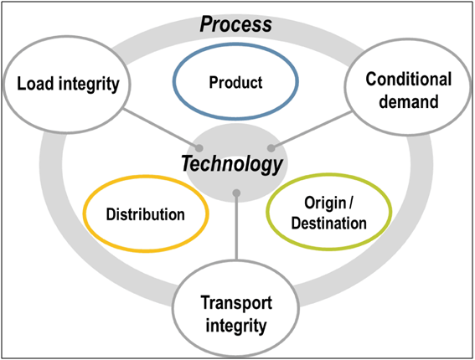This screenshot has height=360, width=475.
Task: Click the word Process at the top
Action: tap(235, 24)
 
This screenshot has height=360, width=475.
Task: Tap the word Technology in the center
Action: tap(232, 164)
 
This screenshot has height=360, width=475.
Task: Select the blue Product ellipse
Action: tap(235, 44)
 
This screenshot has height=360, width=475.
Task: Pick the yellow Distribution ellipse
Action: tap(146, 176)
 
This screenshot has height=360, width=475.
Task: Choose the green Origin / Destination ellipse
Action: tap(329, 174)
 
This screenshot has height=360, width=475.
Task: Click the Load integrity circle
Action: tap(67, 37)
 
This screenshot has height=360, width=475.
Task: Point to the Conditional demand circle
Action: tap(408, 39)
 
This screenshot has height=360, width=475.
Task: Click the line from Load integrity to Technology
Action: tap(161, 129)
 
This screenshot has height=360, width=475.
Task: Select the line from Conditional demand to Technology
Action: tap(311, 130)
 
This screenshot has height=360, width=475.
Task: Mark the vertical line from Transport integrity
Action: tap(236, 227)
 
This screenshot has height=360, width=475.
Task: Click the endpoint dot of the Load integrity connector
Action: tap(199, 148)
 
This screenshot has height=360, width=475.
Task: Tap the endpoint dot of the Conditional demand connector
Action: tap(271, 148)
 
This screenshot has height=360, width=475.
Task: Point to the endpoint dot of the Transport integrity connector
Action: tap(236, 193)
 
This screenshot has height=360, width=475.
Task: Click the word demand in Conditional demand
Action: tap(409, 101)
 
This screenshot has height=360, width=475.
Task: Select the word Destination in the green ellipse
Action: tap(329, 224)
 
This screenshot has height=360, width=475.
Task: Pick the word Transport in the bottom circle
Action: tap(236, 303)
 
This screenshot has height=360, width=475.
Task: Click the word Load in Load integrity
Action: tap(35, 83)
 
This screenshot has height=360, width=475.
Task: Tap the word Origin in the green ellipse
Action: tap(325, 203)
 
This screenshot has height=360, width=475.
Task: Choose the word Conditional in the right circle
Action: tap(409, 79)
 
